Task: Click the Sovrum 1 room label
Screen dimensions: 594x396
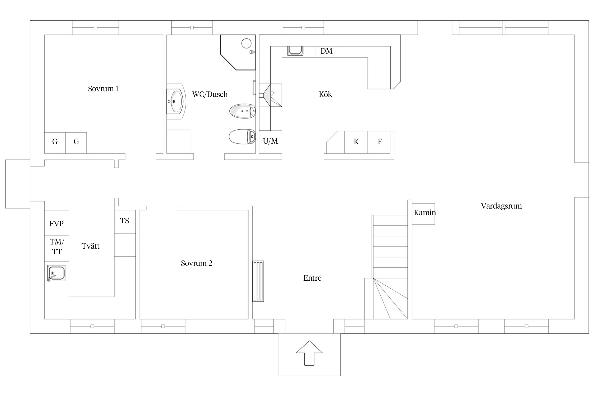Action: pos(103,89)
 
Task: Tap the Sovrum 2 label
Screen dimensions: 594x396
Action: pos(197,263)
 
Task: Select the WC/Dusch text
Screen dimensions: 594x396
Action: pos(210,94)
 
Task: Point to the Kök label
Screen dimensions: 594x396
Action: pos(325,94)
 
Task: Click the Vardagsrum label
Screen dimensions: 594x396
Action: pos(501,206)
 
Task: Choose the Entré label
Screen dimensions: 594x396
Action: pos(312,278)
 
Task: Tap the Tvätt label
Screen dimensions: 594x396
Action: pos(91,246)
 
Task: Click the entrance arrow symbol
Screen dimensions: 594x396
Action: pos(309,353)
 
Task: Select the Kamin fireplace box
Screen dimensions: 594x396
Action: pos(423,214)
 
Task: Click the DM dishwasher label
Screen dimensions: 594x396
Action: pos(326,51)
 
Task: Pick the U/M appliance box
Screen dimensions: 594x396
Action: pos(270,142)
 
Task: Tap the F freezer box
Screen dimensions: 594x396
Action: pos(379,142)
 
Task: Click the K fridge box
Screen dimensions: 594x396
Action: pos(356,142)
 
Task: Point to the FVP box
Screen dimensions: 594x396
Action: pos(56,223)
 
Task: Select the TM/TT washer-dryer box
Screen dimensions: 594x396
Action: pos(56,248)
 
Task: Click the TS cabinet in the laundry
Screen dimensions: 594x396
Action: pos(125,221)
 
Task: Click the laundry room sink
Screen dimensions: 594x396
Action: pos(56,273)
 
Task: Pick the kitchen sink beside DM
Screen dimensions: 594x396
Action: pos(295,51)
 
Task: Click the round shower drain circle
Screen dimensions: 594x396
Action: pos(246,43)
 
